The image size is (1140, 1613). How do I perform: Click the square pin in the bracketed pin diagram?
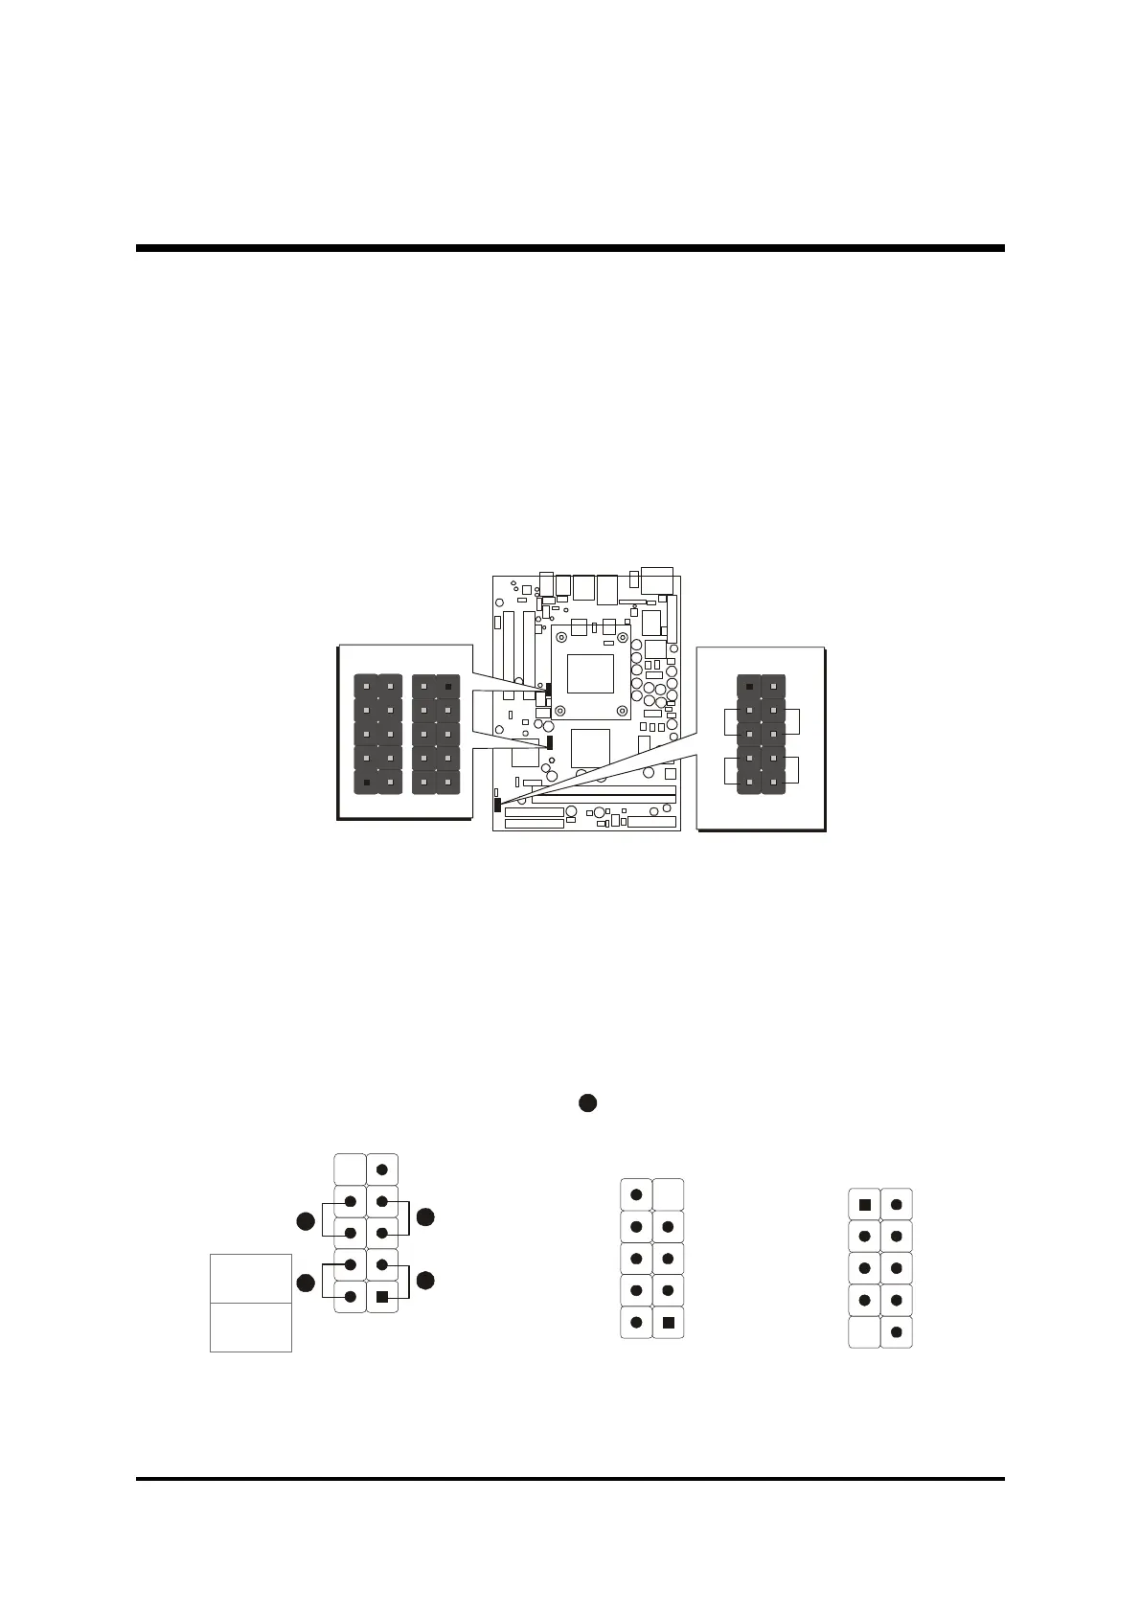pyautogui.click(x=382, y=1297)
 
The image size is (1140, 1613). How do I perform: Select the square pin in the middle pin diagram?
pyautogui.click(x=669, y=1323)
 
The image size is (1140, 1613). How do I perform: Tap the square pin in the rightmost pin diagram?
pyautogui.click(x=864, y=1204)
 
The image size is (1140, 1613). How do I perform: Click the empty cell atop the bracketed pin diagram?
pyautogui.click(x=350, y=1170)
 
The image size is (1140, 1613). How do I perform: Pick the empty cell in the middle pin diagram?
pyautogui.click(x=669, y=1194)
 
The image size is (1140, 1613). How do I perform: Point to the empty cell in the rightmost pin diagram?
pyautogui.click(x=864, y=1332)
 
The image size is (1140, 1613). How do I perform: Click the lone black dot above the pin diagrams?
pyautogui.click(x=587, y=1103)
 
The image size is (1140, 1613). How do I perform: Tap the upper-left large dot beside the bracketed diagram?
pyautogui.click(x=305, y=1221)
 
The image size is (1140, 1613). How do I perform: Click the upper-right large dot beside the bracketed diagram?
pyautogui.click(x=425, y=1216)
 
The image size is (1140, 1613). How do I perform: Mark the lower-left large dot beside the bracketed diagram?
pyautogui.click(x=305, y=1284)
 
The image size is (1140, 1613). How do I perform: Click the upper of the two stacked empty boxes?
pyautogui.click(x=251, y=1278)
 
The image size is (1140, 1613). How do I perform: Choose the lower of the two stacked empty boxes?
pyautogui.click(x=251, y=1328)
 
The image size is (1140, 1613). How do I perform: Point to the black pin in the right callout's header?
pyautogui.click(x=749, y=687)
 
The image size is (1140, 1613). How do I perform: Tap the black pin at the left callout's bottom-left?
pyautogui.click(x=367, y=783)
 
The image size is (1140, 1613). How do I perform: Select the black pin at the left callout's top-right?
pyautogui.click(x=448, y=687)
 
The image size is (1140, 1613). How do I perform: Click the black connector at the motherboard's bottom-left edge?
pyautogui.click(x=497, y=803)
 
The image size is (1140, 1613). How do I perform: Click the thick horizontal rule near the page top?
pyautogui.click(x=570, y=248)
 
